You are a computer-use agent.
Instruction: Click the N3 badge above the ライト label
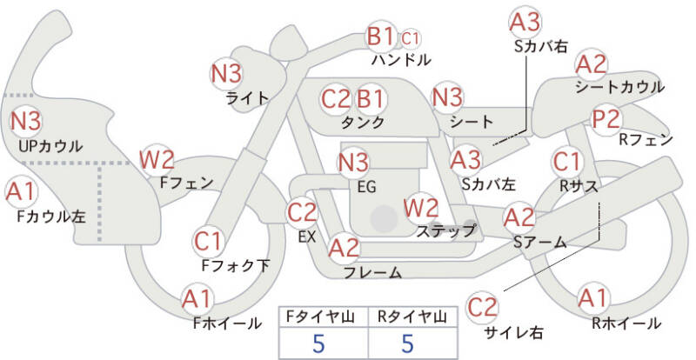pos(227,73)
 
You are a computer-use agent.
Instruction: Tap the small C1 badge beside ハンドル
pos(411,38)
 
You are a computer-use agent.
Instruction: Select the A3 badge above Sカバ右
pos(525,21)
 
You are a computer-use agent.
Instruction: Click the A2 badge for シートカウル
pos(592,63)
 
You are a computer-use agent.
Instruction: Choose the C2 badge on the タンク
pos(335,97)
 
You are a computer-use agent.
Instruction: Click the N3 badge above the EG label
pos(353,161)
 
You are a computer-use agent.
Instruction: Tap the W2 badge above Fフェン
pos(157,160)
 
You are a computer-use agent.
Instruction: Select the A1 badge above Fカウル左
pos(21,190)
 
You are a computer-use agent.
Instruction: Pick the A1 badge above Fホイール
pos(197,299)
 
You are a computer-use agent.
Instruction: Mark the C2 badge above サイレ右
pos(482,306)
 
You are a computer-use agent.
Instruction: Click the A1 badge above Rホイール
pos(593,298)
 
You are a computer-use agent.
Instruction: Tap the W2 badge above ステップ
pos(421,208)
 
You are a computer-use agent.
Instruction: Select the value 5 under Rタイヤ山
pos(408,343)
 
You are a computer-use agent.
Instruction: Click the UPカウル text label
pos(49,145)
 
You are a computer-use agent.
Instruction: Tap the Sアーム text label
pos(539,242)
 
